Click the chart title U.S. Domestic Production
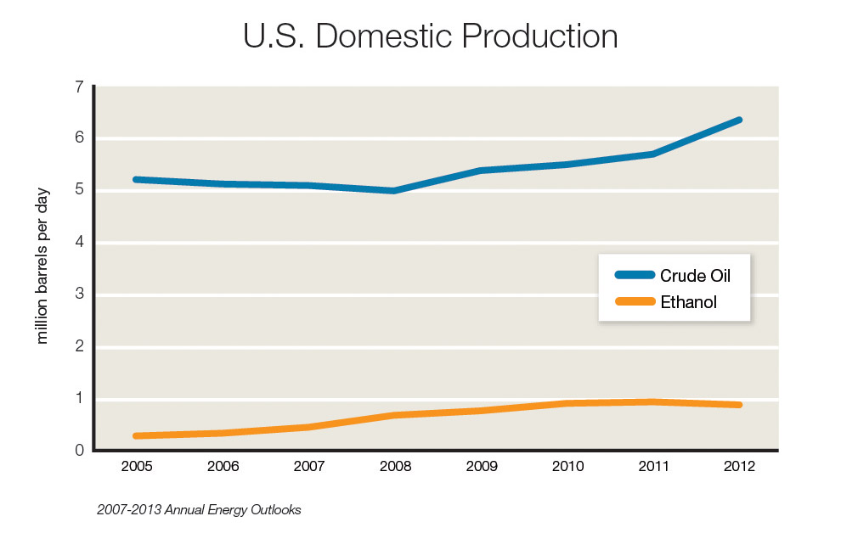click(x=430, y=37)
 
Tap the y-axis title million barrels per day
click(x=42, y=266)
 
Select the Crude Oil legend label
click(x=695, y=275)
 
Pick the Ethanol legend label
click(x=688, y=301)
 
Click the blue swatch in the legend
click(x=635, y=275)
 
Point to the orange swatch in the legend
click(x=635, y=301)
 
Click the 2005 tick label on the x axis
click(x=136, y=466)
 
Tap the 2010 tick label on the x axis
click(x=567, y=466)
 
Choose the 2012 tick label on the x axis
click(x=738, y=466)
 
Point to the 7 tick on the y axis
click(x=79, y=87)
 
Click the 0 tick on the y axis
click(x=79, y=451)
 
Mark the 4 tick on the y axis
click(x=79, y=243)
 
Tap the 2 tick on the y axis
click(x=79, y=347)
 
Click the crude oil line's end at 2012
click(x=738, y=121)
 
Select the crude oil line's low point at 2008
click(x=394, y=191)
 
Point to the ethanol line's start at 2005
click(x=137, y=435)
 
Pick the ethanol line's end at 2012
click(x=738, y=405)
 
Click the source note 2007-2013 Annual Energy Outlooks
click(x=199, y=510)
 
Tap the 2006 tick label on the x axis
click(x=223, y=466)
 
